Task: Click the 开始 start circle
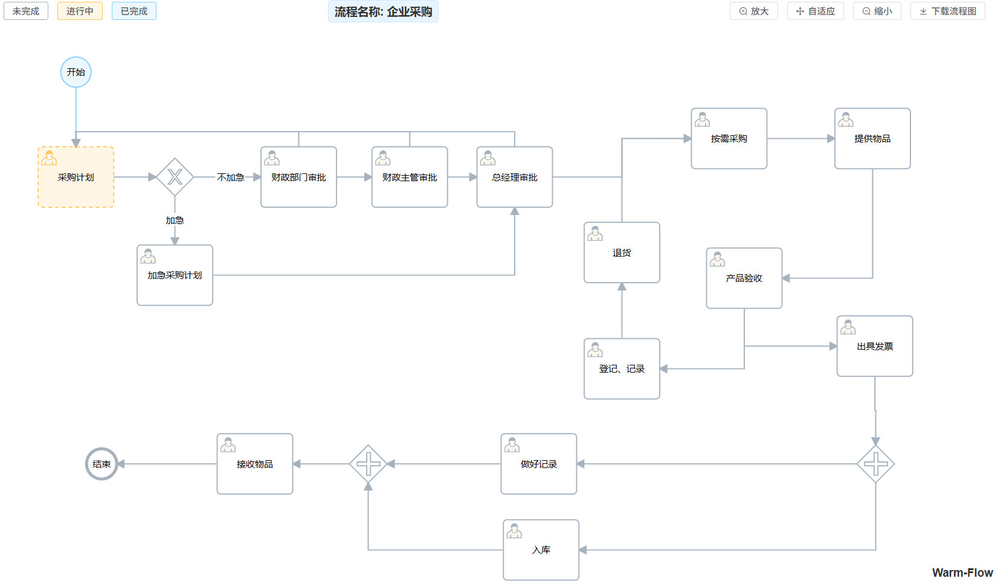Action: tap(76, 72)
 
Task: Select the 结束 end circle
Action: tap(101, 464)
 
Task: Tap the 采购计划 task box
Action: tap(76, 177)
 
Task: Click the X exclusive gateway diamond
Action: tap(175, 177)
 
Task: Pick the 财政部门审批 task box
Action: tap(298, 177)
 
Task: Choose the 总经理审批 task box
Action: tap(514, 177)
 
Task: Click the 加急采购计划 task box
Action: tap(175, 275)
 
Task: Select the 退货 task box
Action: tap(622, 252)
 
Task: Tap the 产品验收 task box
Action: tap(744, 278)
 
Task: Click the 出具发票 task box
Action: tap(874, 346)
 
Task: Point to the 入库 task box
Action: tap(541, 550)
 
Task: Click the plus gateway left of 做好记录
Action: tap(368, 464)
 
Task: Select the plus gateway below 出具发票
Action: tap(875, 464)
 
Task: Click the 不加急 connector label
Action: tap(231, 177)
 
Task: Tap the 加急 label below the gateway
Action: tap(175, 220)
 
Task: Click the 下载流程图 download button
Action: tap(947, 11)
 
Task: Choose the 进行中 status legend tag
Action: tap(80, 11)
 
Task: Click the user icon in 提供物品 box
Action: tap(846, 120)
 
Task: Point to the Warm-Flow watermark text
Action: tap(962, 573)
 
